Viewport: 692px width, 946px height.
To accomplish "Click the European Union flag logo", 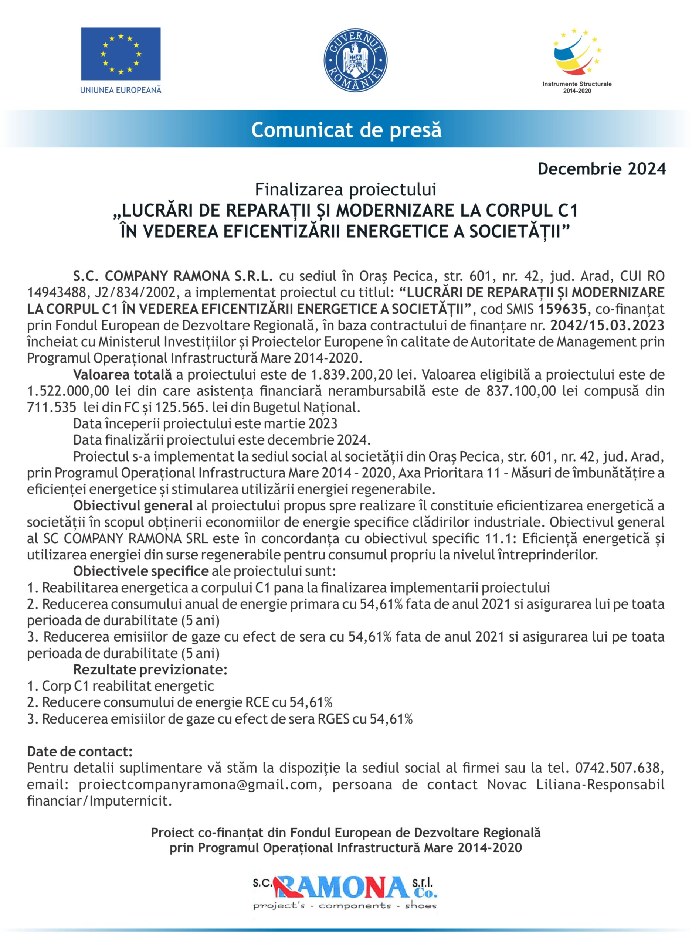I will (121, 54).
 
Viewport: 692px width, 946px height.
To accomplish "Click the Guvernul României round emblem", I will (355, 59).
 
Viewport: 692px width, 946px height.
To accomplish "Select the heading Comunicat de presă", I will (346, 130).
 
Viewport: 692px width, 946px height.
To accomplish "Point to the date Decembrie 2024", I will (601, 169).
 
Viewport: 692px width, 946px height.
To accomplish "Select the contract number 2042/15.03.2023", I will (607, 326).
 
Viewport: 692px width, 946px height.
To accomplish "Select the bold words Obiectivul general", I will (133, 506).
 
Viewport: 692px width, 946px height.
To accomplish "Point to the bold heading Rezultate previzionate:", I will (150, 669).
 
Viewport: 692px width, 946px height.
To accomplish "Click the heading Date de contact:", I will (80, 752).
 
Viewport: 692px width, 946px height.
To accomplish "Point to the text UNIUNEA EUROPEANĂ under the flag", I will (121, 90).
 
